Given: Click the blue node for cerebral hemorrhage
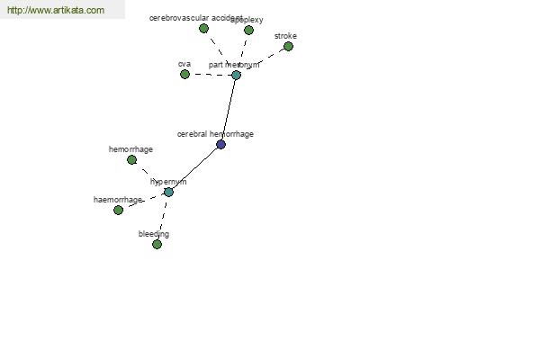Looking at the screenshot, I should coord(220,144).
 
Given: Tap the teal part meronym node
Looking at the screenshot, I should coord(236,76).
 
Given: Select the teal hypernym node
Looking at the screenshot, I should coord(168,192).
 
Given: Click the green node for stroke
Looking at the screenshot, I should coord(288,47).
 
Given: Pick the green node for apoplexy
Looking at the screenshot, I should coord(248,31).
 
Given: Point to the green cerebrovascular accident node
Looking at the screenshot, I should coord(203,29).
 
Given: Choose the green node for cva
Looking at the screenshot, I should coord(184,75).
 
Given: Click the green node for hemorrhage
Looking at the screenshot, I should coord(131,159).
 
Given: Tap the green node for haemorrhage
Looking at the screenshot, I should coord(118,210).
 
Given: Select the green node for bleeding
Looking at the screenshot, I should coord(157,244).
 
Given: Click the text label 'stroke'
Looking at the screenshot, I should coord(285,36).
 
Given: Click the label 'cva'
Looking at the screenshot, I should coord(184,64).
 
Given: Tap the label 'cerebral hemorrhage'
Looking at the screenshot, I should coord(215,134).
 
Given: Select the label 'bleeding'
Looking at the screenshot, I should coord(153,234).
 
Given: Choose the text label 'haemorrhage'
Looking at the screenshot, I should coord(117,199).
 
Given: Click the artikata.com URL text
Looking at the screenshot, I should coord(55,11).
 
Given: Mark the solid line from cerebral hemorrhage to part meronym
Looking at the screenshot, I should coord(229,109).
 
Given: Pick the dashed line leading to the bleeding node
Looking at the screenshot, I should coord(162,219).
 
